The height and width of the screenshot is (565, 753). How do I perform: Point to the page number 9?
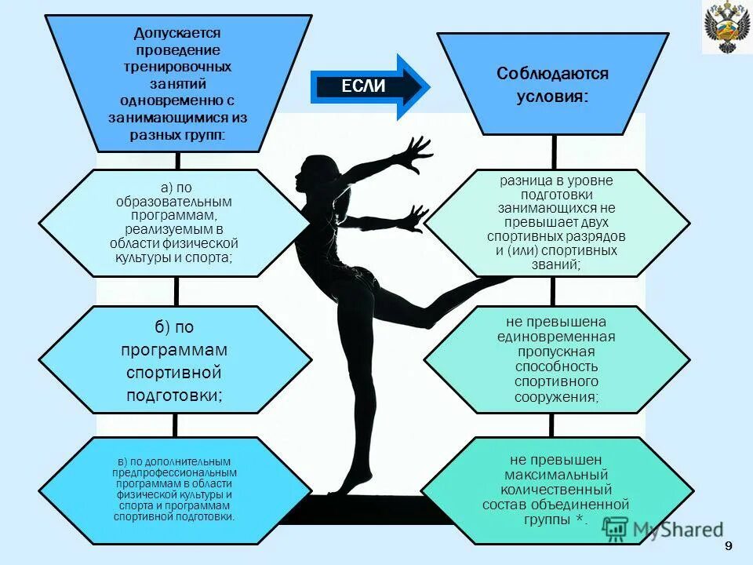[729, 546]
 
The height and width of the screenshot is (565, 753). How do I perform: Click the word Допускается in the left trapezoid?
[177, 33]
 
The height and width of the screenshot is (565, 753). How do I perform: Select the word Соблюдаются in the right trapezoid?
[552, 74]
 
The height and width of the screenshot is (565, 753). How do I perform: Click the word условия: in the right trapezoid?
[552, 97]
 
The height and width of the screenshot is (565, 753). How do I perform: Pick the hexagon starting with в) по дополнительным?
[174, 490]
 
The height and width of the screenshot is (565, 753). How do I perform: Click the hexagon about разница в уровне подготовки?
[556, 223]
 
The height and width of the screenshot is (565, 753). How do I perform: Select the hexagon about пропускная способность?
[556, 359]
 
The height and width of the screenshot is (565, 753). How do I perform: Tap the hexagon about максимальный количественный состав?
[556, 490]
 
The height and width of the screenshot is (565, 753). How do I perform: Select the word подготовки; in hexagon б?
[175, 396]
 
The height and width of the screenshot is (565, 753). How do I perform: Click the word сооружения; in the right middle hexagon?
[556, 397]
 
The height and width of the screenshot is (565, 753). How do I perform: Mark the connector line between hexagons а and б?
[176, 290]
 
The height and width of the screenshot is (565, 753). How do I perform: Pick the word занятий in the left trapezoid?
[177, 84]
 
